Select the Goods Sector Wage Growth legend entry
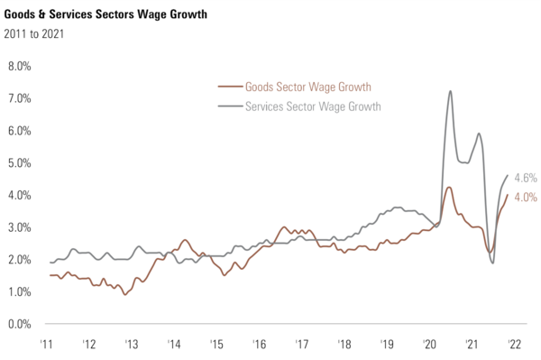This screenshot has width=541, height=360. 307,87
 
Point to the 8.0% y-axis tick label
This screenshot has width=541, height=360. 20,67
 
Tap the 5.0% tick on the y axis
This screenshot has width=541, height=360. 20,163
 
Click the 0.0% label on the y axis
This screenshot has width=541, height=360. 20,324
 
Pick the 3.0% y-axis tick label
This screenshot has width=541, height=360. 20,227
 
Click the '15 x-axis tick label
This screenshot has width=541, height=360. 215,344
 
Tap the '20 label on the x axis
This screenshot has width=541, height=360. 428,344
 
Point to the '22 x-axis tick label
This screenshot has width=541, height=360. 513,344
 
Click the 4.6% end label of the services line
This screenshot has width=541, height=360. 526,178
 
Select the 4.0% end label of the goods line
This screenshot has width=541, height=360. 526,197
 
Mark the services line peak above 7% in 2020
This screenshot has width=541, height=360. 449,91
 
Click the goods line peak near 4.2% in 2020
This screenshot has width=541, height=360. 449,188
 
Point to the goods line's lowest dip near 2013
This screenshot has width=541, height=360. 125,294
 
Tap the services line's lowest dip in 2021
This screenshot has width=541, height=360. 493,263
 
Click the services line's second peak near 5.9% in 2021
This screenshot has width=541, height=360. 479,134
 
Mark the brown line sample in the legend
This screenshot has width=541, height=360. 230,87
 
